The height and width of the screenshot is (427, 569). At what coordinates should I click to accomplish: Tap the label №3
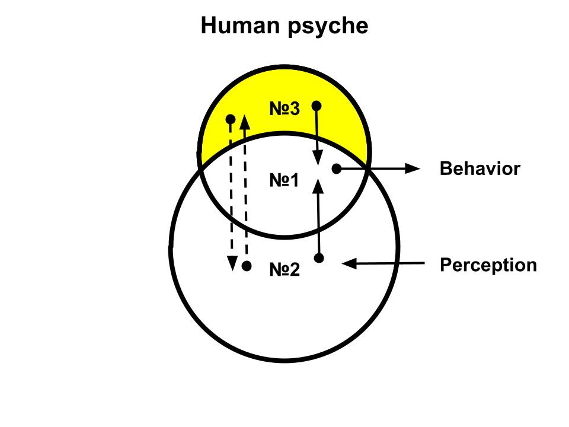pos(284,109)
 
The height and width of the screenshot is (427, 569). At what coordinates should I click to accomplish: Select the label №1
pos(284,180)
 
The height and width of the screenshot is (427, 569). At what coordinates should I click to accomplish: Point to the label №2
pos(284,270)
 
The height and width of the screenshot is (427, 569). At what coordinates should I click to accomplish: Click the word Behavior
pos(480,169)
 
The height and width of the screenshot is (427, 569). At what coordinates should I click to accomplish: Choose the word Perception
pos(488,265)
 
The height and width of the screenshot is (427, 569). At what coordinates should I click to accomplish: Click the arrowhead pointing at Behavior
pos(413,168)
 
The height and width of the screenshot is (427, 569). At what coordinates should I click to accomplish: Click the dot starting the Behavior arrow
pos(336,168)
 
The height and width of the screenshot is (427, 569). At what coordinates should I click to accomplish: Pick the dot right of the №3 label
pos(317,106)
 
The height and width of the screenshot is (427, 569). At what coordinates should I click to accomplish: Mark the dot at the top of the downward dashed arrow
pos(231,120)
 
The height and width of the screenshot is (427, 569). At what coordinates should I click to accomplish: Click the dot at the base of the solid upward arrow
pos(319,258)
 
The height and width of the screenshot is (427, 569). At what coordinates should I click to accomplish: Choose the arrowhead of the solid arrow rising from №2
pos(318,187)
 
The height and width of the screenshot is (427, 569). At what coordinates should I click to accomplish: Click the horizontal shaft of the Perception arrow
pos(391,263)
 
